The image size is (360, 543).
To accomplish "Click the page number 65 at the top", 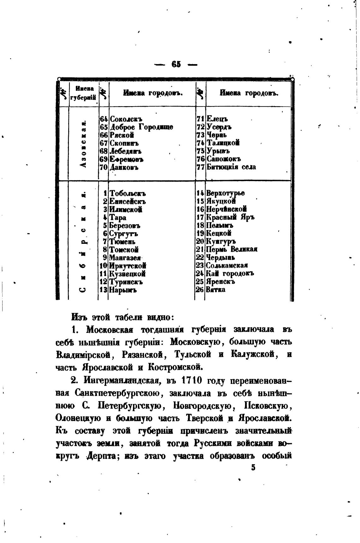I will (176, 65).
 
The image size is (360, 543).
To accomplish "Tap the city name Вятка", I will (216, 290).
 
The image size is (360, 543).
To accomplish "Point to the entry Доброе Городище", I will (141, 127).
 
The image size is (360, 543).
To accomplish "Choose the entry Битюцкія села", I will (231, 167).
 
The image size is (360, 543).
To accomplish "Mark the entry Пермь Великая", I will (232, 249).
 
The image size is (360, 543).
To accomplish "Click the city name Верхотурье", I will (225, 193).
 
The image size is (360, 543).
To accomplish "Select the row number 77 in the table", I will (201, 167).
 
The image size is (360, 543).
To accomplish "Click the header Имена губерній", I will (83, 94).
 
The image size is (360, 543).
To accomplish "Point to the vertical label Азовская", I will (83, 144).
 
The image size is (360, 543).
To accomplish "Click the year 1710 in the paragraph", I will (189, 381).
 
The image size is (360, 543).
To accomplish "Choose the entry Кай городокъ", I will (230, 274).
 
